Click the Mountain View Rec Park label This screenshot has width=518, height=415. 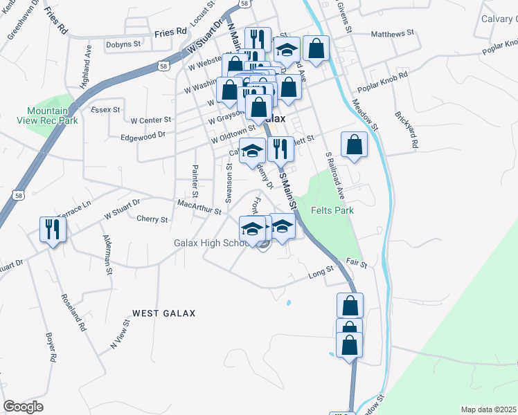point(47,116)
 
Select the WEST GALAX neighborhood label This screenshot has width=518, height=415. point(164,313)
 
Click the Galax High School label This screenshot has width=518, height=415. point(211,243)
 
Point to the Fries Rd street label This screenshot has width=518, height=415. point(170,32)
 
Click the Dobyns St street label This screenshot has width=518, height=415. point(123,44)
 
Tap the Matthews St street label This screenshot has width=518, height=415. point(392,33)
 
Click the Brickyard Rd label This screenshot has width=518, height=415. point(407,129)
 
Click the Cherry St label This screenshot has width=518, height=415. point(152,219)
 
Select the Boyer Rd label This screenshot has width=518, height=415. point(51,348)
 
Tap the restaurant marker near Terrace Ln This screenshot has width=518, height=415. point(53,228)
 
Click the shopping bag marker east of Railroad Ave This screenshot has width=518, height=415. point(354,145)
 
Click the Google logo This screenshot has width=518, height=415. point(23,407)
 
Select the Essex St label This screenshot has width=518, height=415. point(105,109)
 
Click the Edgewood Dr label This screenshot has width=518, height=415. point(143,136)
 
